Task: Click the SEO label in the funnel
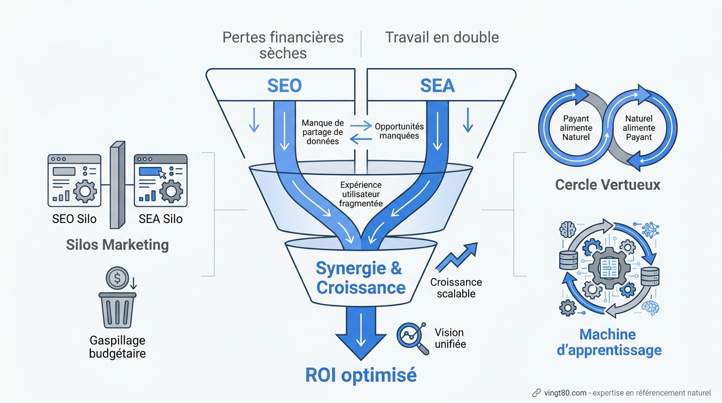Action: pyautogui.click(x=284, y=86)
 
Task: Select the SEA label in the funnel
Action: pyautogui.click(x=437, y=86)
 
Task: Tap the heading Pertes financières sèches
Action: pyautogui.click(x=283, y=45)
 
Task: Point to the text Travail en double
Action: pyautogui.click(x=442, y=37)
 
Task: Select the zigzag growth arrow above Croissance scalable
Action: pyautogui.click(x=456, y=257)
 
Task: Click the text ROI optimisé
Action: pyautogui.click(x=360, y=375)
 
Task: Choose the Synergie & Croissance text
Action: pyautogui.click(x=360, y=278)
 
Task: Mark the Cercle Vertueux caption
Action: pyautogui.click(x=607, y=185)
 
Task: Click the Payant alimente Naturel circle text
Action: pyautogui.click(x=576, y=128)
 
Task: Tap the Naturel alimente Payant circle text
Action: pyautogui.click(x=639, y=128)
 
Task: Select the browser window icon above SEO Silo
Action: pyautogui.click(x=74, y=180)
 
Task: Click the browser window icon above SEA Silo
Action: pyautogui.click(x=161, y=180)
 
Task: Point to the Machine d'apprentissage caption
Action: pyautogui.click(x=609, y=342)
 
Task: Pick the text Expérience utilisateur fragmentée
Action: pyautogui.click(x=360, y=194)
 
